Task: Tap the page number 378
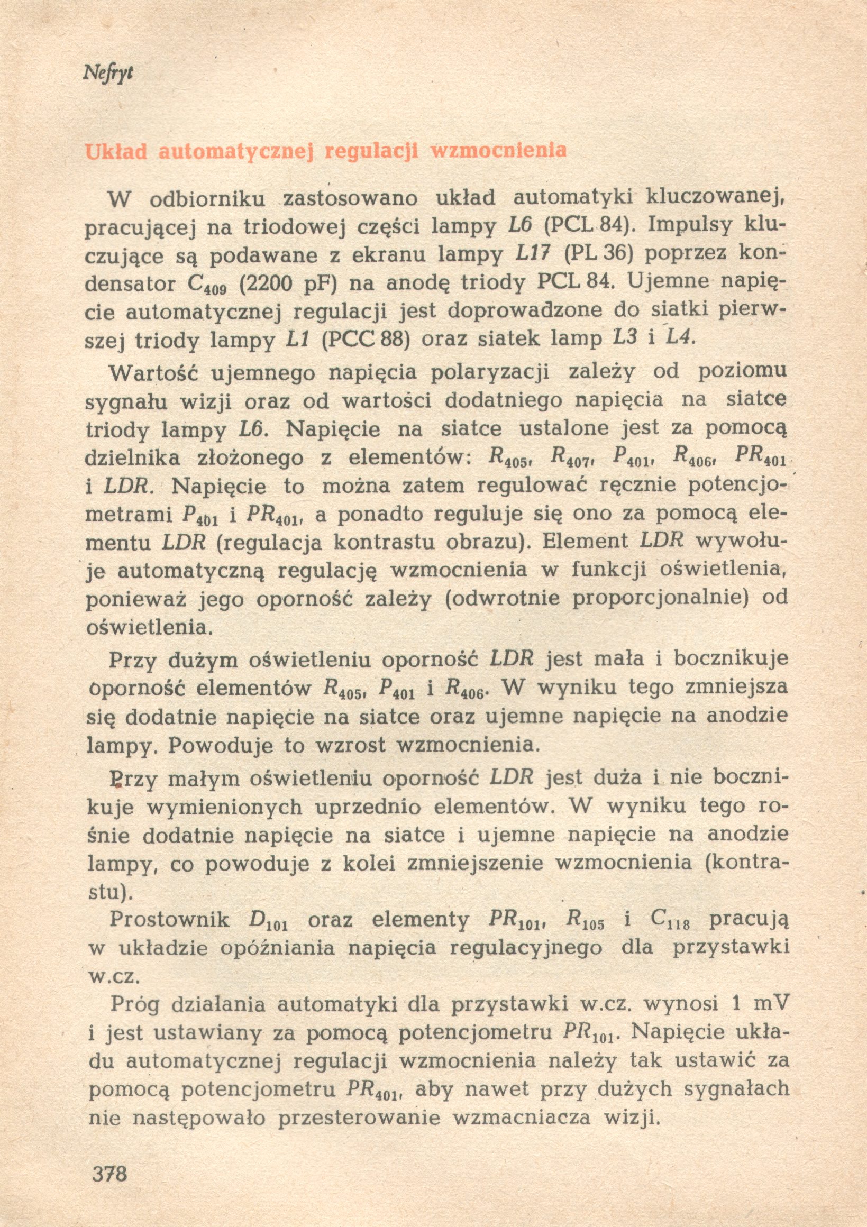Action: (110, 1173)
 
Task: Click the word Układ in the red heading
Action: (116, 152)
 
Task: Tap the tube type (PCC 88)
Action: (366, 341)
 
